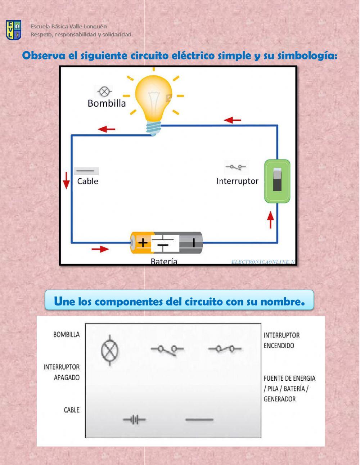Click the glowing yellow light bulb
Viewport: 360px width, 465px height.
point(153,99)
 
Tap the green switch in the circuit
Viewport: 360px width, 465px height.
point(277,181)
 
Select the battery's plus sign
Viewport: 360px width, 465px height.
point(143,242)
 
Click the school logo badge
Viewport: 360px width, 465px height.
point(14,30)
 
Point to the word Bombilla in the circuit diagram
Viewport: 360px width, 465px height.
point(107,103)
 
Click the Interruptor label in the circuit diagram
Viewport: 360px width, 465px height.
point(237,181)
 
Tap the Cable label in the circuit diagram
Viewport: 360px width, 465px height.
point(87,181)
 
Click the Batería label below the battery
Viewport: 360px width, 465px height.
point(164,261)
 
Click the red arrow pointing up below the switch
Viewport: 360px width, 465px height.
point(270,220)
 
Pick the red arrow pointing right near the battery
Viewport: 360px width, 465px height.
point(100,249)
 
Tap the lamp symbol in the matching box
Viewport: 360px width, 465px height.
point(109,351)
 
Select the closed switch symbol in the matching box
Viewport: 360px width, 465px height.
point(225,349)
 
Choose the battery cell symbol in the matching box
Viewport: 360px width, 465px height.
point(135,420)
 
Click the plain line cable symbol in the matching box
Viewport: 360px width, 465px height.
point(199,420)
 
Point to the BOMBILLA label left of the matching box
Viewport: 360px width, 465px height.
point(67,335)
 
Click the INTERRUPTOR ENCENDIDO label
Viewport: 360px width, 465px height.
point(282,340)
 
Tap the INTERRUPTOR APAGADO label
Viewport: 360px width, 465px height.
point(62,372)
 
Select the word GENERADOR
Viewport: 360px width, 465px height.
point(280,399)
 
